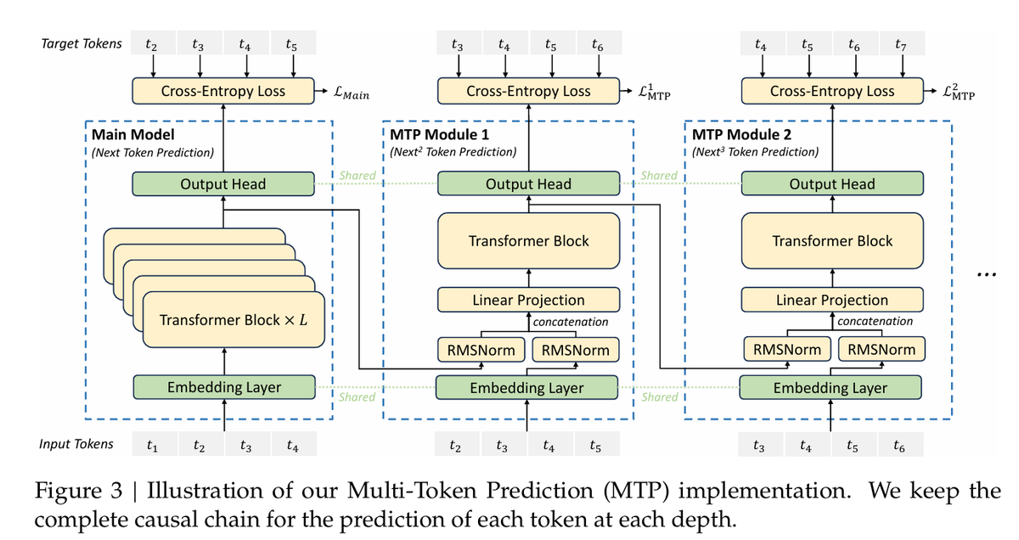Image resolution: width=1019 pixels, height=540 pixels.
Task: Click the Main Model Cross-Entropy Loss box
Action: click(222, 91)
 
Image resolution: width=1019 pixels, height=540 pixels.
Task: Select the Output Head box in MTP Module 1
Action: click(528, 183)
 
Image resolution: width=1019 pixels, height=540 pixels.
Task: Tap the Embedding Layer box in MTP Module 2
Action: click(830, 388)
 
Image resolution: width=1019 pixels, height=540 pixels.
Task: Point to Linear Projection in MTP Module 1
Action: click(528, 300)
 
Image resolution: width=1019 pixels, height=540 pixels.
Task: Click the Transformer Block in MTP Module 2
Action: click(832, 240)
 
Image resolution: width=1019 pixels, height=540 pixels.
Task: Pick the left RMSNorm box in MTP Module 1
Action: click(481, 350)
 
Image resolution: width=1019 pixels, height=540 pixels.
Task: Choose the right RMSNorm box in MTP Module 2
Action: click(881, 349)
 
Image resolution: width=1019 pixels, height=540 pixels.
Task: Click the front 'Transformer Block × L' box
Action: click(234, 320)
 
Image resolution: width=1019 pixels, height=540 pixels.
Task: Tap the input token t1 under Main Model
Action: click(152, 444)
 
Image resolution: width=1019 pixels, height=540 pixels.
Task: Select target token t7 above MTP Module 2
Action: click(901, 44)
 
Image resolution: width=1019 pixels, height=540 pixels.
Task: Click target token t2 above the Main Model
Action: click(152, 43)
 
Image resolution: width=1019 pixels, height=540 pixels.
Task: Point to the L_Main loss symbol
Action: click(352, 93)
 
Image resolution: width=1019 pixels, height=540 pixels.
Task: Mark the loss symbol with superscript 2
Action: click(959, 92)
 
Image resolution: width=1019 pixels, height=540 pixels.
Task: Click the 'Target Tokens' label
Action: click(82, 43)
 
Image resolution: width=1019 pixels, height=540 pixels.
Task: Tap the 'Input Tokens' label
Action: click(76, 444)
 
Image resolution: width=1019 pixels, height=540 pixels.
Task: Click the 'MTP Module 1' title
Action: click(440, 135)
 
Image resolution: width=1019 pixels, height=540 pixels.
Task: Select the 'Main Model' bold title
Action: click(132, 135)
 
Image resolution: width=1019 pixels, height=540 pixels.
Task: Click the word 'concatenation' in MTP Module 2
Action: click(875, 321)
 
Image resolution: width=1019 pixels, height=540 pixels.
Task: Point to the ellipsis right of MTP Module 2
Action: click(987, 274)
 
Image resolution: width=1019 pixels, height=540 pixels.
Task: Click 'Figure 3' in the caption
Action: click(79, 491)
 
